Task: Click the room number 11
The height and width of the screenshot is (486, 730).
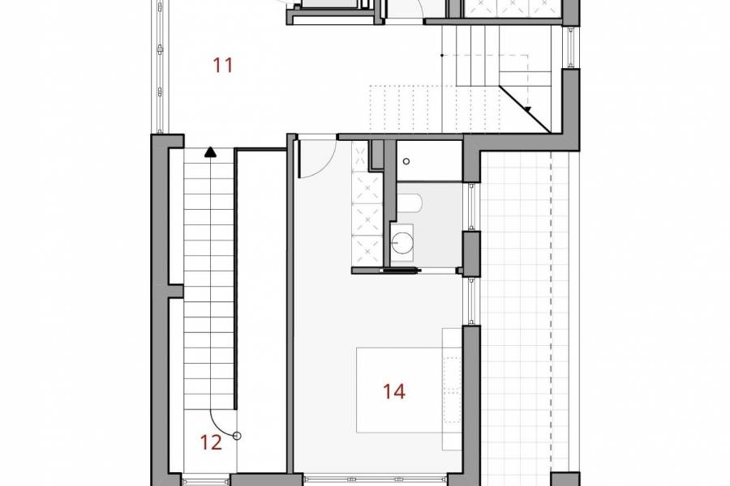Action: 223,65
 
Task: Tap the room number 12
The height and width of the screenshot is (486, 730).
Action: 211,442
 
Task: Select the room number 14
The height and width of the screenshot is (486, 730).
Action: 394,391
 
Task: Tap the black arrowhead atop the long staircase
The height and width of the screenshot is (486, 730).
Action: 211,151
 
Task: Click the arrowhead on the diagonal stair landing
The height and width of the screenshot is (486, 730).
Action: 527,109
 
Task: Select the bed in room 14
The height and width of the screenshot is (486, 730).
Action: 397,397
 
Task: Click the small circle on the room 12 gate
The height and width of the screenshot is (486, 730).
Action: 237,436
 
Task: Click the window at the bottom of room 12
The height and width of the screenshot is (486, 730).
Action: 206,479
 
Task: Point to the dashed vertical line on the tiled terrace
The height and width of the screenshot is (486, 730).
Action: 551,308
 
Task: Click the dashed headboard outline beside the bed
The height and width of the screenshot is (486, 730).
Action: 451,389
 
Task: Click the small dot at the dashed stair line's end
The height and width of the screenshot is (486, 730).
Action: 441,55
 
